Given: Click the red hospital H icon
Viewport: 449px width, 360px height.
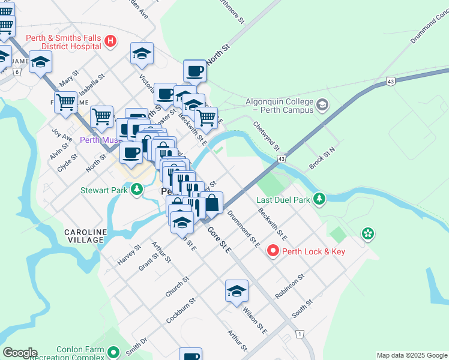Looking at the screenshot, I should (110, 41).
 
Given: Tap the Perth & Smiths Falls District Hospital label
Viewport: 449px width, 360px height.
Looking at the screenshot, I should (63, 42).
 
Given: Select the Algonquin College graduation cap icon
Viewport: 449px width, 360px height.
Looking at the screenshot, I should (323, 106).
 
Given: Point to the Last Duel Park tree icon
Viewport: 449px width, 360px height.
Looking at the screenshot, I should (321, 199).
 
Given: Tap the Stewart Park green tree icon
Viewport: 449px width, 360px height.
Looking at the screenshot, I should (137, 190).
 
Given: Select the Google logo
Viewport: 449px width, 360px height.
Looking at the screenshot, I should (20, 353).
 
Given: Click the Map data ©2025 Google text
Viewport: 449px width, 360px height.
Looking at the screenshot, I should (411, 355).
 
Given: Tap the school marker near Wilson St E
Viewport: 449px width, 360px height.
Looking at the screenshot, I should (237, 291).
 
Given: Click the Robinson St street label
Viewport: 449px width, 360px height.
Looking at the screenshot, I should (290, 287).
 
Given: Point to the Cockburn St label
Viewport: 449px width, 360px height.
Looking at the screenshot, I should (181, 310).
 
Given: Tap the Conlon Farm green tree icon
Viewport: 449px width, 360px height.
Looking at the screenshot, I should (114, 350).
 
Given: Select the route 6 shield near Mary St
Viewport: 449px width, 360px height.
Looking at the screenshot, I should (17, 71).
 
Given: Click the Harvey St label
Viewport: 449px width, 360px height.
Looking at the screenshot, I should (130, 254).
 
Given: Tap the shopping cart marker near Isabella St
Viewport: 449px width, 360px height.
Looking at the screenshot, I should (65, 102).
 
